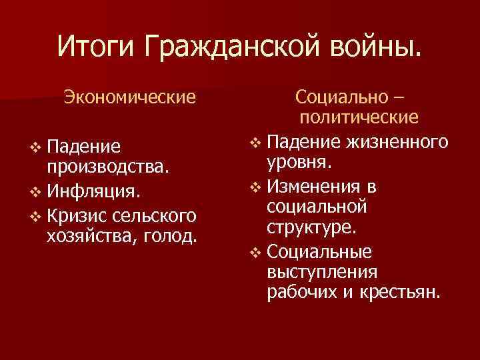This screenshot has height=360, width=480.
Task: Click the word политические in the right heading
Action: pyautogui.click(x=359, y=119)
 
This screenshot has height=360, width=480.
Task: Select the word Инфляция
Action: pyautogui.click(x=93, y=193)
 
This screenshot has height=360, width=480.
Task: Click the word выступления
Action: pyautogui.click(x=321, y=272)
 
